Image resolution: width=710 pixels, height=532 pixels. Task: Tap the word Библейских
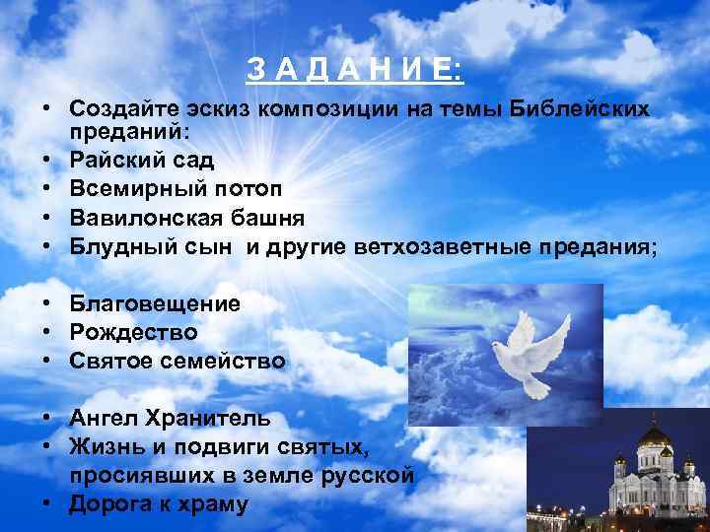point(581,109)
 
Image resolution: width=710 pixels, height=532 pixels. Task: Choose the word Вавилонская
point(142,217)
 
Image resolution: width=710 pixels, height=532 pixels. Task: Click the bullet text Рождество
point(133,332)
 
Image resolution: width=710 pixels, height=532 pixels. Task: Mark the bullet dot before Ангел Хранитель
point(47,420)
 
